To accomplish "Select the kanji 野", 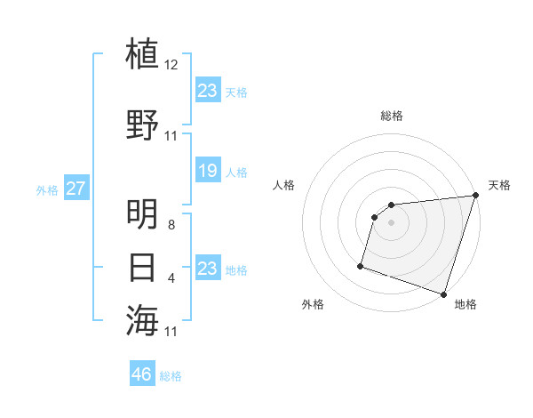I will point(143,125).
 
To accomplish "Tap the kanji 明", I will point(143,214).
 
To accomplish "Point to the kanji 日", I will point(143,268).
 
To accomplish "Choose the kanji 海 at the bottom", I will point(143,320).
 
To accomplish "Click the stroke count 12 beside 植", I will point(171,65).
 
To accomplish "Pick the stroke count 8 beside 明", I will point(171,225).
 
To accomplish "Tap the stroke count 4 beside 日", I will point(171,278).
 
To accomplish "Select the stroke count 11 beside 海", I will point(171,332).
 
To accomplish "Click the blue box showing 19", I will point(207,171).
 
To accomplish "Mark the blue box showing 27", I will point(76,189).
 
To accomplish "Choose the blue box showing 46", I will point(142,374).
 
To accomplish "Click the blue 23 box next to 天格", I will point(207,91).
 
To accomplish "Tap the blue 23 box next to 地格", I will point(207,269).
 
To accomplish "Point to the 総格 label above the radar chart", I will point(392,116).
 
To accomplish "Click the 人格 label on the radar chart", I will point(284,185).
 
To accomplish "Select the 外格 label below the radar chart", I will point(313,304).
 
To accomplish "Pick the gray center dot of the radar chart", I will point(392,223).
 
